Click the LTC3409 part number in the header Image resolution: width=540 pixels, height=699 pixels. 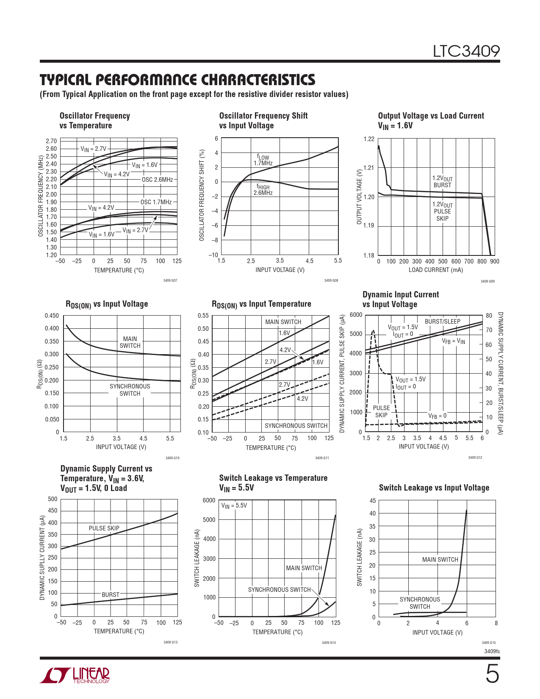pyautogui.click(x=466, y=51)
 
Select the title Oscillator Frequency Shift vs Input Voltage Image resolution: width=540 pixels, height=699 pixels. pyautogui.click(x=263, y=120)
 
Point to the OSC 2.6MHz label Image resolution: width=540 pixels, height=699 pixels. pyautogui.click(x=157, y=180)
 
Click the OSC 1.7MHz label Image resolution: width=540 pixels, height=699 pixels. pyautogui.click(x=156, y=202)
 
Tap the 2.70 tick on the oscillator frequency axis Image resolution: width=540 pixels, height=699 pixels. pyautogui.click(x=51, y=141)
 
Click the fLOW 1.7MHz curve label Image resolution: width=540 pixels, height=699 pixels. pyautogui.click(x=263, y=160)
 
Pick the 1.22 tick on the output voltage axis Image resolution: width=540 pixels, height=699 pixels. pyautogui.click(x=369, y=139)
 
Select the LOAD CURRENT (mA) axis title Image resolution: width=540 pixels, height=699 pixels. pyautogui.click(x=435, y=270)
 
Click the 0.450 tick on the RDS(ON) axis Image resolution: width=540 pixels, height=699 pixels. pyautogui.click(x=52, y=316)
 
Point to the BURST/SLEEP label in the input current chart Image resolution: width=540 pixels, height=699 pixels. pyautogui.click(x=442, y=322)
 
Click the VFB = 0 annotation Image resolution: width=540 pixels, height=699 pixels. pyautogui.click(x=437, y=416)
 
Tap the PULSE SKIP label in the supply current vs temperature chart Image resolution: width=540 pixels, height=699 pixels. pyautogui.click(x=104, y=528)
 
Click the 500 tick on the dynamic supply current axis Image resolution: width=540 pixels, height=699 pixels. pyautogui.click(x=53, y=499)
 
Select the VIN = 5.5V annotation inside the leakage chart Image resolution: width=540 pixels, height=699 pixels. pyautogui.click(x=234, y=505)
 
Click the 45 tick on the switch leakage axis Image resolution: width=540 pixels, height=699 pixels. pyautogui.click(x=373, y=501)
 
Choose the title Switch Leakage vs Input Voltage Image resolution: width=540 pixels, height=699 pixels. pyautogui.click(x=434, y=488)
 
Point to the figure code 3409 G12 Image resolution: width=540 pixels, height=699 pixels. pyautogui.click(x=475, y=458)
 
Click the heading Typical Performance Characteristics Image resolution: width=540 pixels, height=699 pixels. pyautogui.click(x=177, y=80)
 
